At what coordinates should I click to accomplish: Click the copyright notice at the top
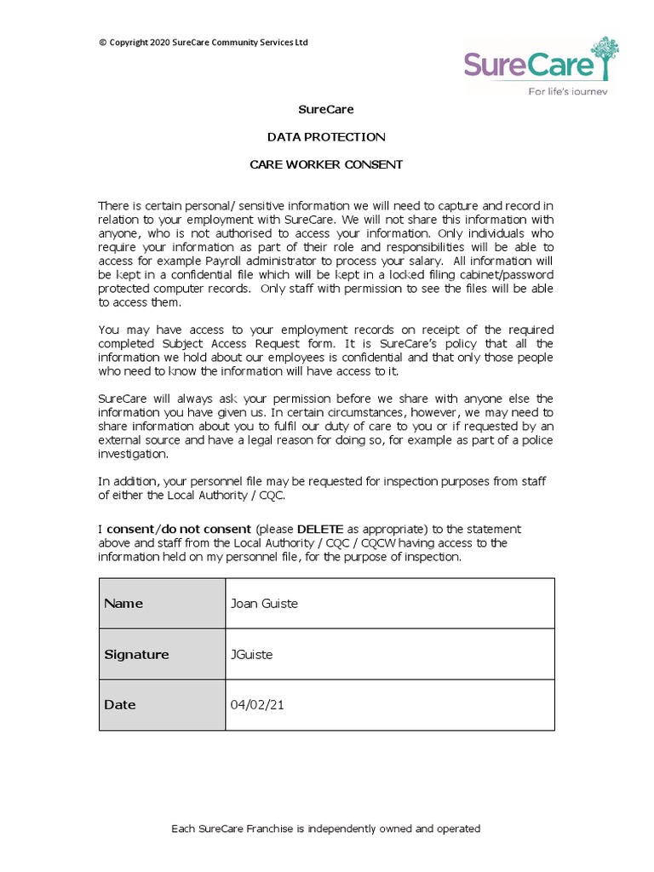tap(204, 43)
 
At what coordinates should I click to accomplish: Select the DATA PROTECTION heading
tap(326, 137)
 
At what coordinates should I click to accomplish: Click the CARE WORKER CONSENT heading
tap(326, 164)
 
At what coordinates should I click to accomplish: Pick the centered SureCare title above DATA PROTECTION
tap(326, 110)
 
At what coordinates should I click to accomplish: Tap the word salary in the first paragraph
tap(423, 261)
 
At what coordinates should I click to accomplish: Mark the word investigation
tap(132, 454)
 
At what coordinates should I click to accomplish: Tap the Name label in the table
tap(123, 604)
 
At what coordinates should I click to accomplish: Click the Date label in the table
tap(120, 705)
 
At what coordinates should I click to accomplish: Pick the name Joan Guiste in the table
tap(264, 604)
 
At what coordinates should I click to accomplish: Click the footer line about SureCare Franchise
tap(326, 829)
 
